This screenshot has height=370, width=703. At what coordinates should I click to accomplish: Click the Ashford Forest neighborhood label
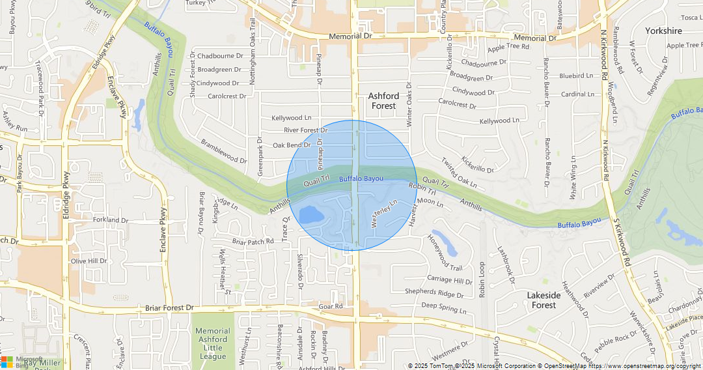click(383, 101)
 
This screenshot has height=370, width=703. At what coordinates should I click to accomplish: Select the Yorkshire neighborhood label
click(663, 31)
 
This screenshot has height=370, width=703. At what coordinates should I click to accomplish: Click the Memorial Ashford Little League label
click(212, 343)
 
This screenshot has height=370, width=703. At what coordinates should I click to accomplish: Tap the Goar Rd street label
click(331, 306)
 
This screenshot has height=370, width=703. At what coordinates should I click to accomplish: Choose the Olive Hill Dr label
click(89, 261)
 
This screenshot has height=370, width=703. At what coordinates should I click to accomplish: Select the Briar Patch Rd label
click(253, 242)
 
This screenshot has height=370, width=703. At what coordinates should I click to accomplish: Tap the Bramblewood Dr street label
click(224, 151)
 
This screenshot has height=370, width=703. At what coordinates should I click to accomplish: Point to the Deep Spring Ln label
click(444, 307)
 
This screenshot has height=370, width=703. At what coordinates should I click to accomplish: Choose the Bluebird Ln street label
click(576, 76)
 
